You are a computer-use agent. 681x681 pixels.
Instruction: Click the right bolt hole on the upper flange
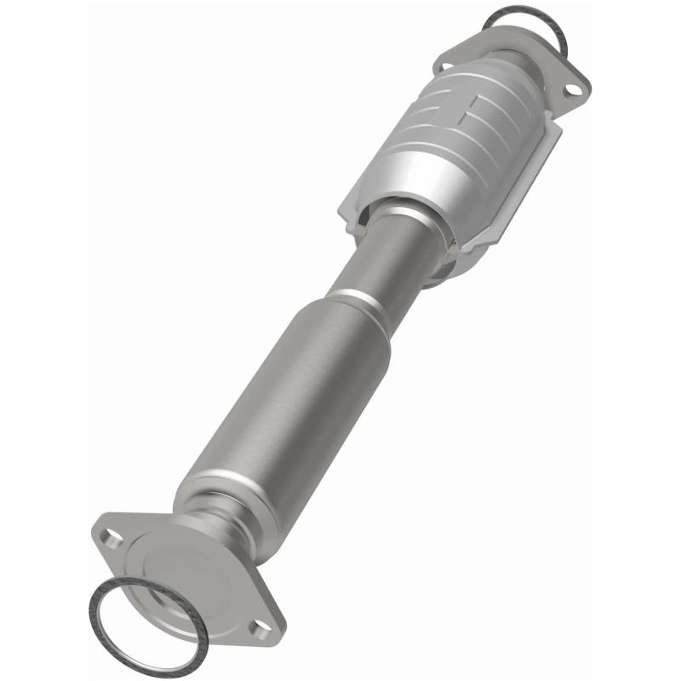coord(575,87)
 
